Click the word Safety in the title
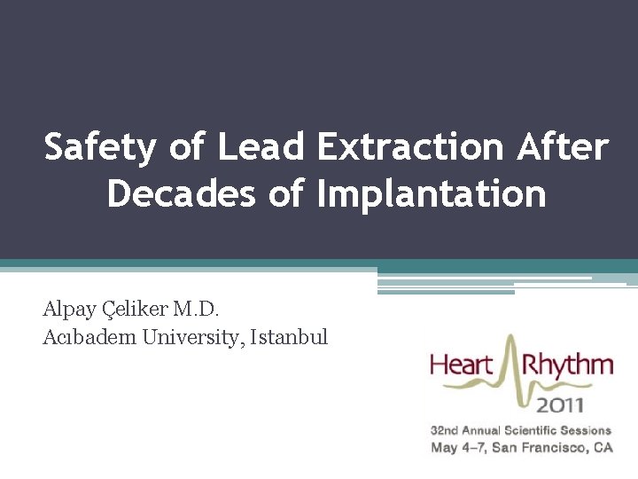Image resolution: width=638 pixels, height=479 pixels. point(97,147)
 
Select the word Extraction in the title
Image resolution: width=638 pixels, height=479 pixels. point(408,147)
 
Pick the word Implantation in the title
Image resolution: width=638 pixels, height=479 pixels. point(432,192)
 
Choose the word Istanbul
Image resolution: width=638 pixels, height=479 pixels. point(289,337)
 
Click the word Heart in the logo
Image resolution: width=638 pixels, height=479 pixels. point(463,365)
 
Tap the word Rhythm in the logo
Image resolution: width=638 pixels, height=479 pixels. point(567,365)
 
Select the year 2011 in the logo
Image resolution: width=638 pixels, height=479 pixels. point(559,404)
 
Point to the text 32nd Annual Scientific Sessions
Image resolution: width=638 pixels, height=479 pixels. point(521,431)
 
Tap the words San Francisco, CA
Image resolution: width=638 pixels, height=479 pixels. point(552,448)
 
